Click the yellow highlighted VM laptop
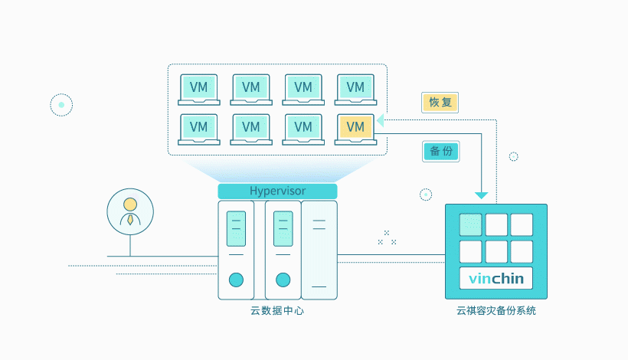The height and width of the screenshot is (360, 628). [x=355, y=128]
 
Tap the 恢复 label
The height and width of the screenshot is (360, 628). [x=440, y=103]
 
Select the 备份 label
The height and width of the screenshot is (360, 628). [x=440, y=151]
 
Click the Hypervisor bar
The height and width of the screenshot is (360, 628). [x=277, y=191]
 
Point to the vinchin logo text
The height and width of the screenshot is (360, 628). [x=496, y=278]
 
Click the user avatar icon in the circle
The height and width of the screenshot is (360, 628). [x=130, y=211]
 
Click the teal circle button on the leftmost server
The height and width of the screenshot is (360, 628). [x=236, y=280]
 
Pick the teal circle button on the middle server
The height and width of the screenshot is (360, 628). [x=283, y=280]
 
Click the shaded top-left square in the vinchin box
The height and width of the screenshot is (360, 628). [x=470, y=224]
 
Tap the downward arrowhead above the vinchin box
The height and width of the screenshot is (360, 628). [x=482, y=194]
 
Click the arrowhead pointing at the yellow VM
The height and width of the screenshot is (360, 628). [x=381, y=120]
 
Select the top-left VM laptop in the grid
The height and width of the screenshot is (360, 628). [x=199, y=89]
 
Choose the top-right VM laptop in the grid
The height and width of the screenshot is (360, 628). [x=355, y=89]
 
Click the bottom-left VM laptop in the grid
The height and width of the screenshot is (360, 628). [x=199, y=128]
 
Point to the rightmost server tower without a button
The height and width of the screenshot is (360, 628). [x=319, y=250]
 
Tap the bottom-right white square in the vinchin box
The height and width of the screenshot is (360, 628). [x=522, y=251]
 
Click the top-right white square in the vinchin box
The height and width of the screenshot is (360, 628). [x=522, y=224]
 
